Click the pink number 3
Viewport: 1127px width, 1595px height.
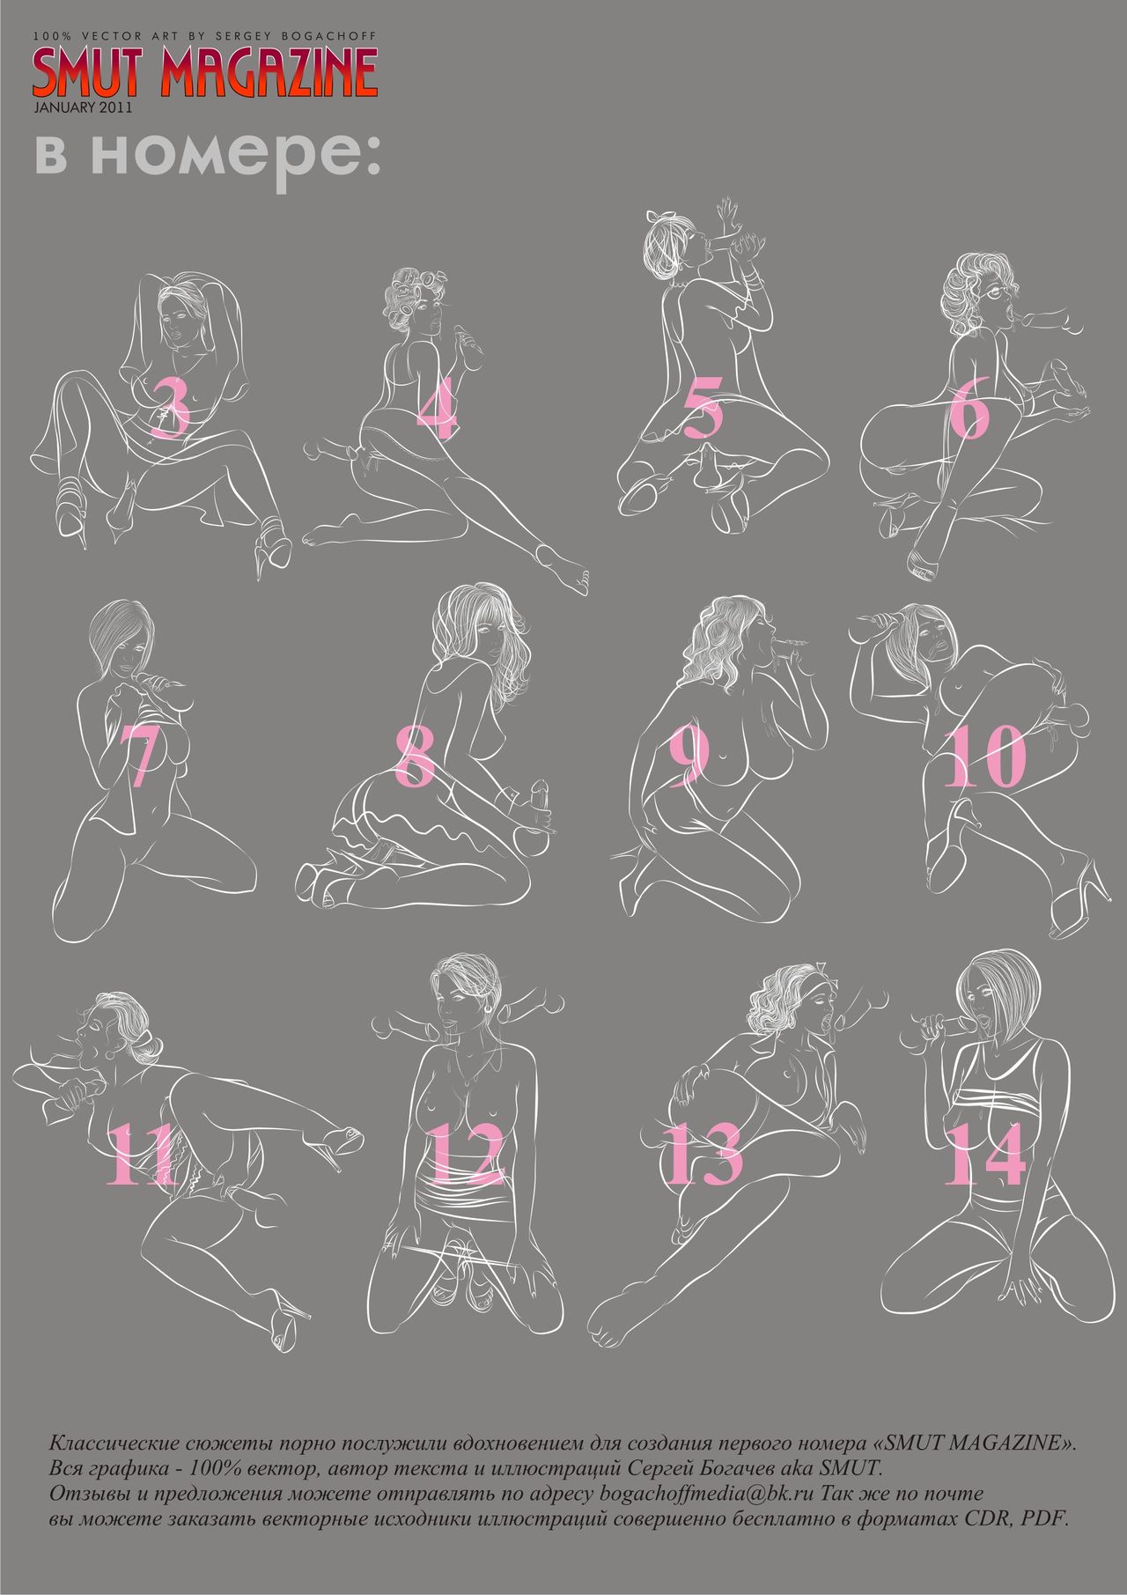(171, 408)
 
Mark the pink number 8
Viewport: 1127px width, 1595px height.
(414, 756)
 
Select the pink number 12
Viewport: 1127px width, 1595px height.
(468, 1154)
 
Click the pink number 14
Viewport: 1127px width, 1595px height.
(984, 1154)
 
